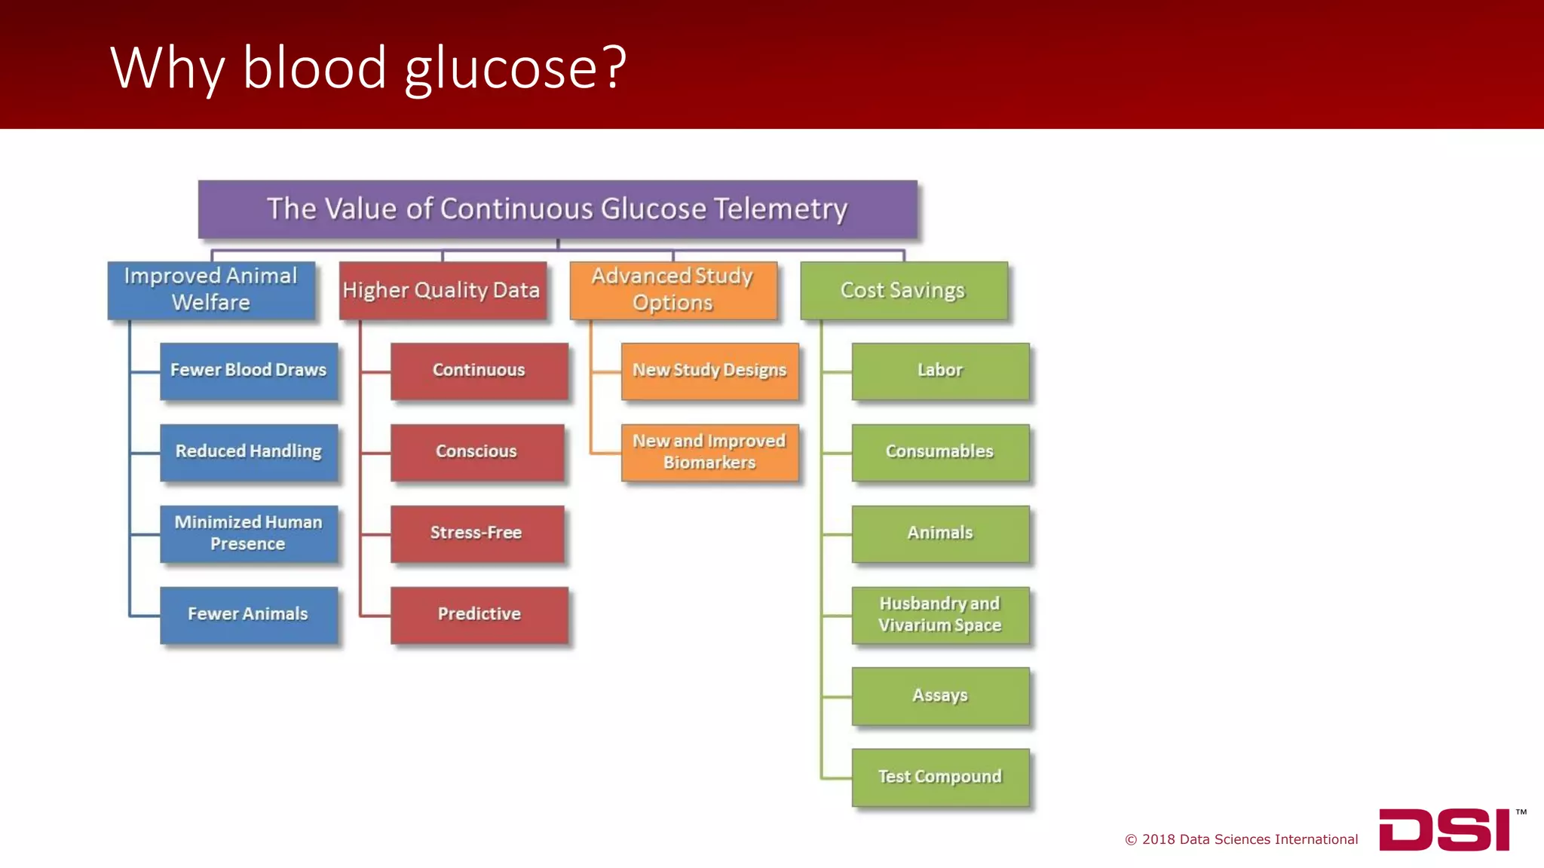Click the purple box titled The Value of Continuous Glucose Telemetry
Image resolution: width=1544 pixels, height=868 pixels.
[557, 209]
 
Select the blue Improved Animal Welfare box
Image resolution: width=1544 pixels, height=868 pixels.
[211, 290]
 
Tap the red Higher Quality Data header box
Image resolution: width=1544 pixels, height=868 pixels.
[443, 290]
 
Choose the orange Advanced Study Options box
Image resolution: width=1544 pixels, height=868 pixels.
[673, 290]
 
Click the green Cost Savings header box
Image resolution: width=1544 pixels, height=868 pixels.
[903, 290]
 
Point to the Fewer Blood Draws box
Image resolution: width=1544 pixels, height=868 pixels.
[249, 371]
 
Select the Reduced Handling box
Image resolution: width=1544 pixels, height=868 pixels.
[249, 452]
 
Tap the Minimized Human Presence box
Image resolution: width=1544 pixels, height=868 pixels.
[249, 533]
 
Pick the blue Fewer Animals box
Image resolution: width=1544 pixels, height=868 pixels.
[249, 615]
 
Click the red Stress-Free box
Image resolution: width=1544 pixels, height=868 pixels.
[477, 533]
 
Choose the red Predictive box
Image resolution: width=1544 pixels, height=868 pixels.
[479, 615]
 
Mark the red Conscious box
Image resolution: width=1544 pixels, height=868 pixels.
[477, 452]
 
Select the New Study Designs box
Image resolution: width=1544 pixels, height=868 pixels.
[709, 371]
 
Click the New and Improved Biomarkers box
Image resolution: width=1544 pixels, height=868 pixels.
[709, 452]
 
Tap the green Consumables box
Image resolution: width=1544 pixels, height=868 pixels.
[940, 452]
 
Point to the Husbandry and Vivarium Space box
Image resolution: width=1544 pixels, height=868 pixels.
[940, 615]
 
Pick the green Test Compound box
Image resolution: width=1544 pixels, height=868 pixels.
[940, 777]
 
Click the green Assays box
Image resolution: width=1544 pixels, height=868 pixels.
[940, 695]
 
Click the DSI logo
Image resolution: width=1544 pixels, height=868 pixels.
[1444, 830]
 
